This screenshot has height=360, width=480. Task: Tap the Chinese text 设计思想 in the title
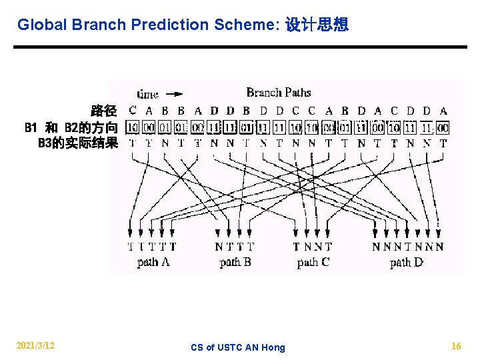(317, 25)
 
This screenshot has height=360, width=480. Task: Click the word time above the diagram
(148, 94)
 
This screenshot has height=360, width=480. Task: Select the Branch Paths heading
(279, 93)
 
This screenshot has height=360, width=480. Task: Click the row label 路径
(104, 111)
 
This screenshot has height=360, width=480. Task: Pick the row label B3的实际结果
(78, 143)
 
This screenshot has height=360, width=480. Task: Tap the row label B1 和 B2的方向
(71, 127)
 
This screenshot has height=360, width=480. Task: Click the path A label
(153, 262)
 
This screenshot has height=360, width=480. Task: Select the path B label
(235, 262)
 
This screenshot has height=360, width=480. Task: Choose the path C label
(313, 262)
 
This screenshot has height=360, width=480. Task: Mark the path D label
(407, 262)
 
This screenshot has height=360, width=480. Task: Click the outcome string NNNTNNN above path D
(408, 247)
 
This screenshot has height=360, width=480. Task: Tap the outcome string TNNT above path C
(313, 247)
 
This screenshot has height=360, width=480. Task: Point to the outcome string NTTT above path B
(235, 247)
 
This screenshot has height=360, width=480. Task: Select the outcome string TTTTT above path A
(152, 247)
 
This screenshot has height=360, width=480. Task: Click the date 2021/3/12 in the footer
(35, 346)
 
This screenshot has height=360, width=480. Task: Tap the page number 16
(456, 346)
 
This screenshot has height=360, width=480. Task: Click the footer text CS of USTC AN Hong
(237, 347)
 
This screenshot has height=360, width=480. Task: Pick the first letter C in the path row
(133, 111)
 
